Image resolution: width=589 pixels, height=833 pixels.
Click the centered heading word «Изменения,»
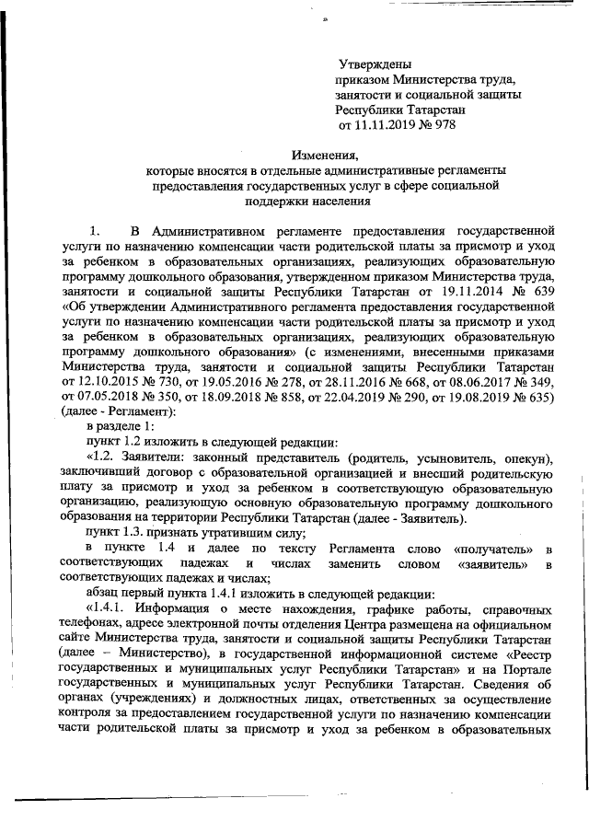tap(325, 155)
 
